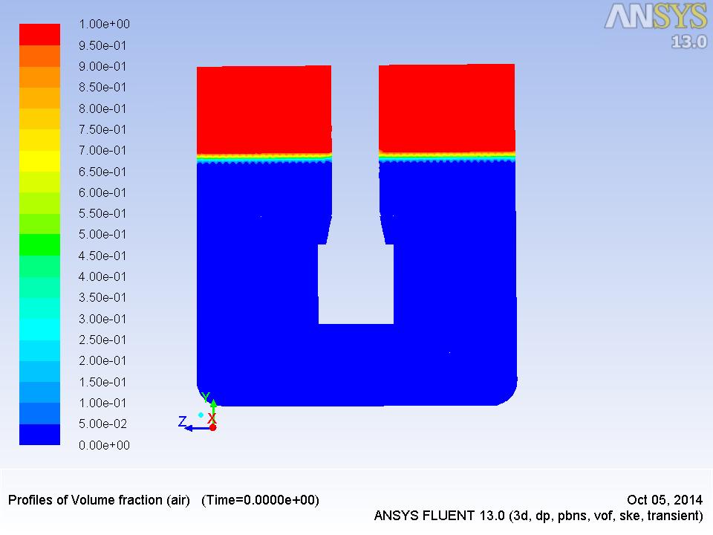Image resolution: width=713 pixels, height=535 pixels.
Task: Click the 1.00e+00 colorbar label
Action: (104, 24)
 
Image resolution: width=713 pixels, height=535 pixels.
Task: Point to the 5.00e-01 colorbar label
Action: (102, 234)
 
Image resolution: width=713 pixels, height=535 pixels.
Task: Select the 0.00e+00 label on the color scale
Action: (104, 445)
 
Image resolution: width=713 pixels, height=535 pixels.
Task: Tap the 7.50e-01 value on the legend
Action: (102, 129)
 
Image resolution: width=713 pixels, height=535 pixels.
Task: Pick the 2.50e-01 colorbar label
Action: (102, 340)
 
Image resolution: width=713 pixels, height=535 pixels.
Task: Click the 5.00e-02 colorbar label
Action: (102, 424)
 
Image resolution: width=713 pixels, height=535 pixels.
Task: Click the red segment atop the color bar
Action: (39, 35)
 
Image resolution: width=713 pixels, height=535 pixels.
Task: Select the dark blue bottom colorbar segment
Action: (39, 435)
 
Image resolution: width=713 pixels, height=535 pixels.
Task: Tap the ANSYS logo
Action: (655, 17)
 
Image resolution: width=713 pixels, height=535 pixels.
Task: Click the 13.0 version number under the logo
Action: (689, 42)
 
